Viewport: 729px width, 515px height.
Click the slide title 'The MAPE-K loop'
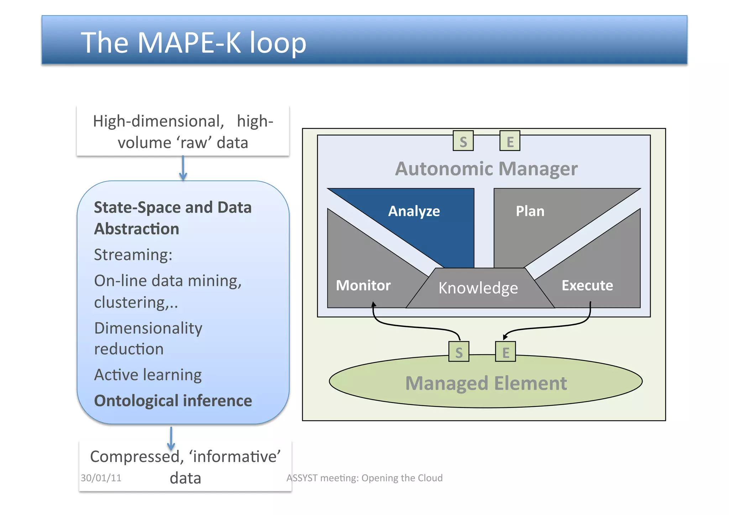click(x=193, y=43)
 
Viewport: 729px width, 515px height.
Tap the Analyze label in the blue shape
click(x=414, y=211)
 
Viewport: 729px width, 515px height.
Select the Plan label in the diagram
click(x=530, y=211)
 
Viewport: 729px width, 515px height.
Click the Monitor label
click(x=363, y=285)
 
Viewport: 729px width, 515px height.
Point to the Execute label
click(x=587, y=285)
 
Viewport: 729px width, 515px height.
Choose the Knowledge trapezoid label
click(x=478, y=288)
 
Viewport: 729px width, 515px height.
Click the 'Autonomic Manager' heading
click(x=486, y=169)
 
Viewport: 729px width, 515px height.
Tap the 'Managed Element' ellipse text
click(x=486, y=383)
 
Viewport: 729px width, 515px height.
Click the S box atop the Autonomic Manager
click(x=463, y=141)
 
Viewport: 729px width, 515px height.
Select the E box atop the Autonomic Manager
click(x=509, y=141)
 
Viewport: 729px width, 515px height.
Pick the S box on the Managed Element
click(x=458, y=352)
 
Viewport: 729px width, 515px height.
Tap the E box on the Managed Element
click(x=505, y=352)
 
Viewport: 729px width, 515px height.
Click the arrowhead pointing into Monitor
click(x=373, y=305)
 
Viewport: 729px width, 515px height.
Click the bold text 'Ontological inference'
click(x=173, y=401)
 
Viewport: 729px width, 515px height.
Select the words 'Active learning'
click(x=148, y=375)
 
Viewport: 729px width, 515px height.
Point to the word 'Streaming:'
click(x=133, y=255)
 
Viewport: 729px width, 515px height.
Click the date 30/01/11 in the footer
click(x=101, y=478)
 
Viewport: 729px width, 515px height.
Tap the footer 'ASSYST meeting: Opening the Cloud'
click(x=364, y=478)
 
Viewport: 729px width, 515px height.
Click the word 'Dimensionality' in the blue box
click(x=148, y=328)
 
